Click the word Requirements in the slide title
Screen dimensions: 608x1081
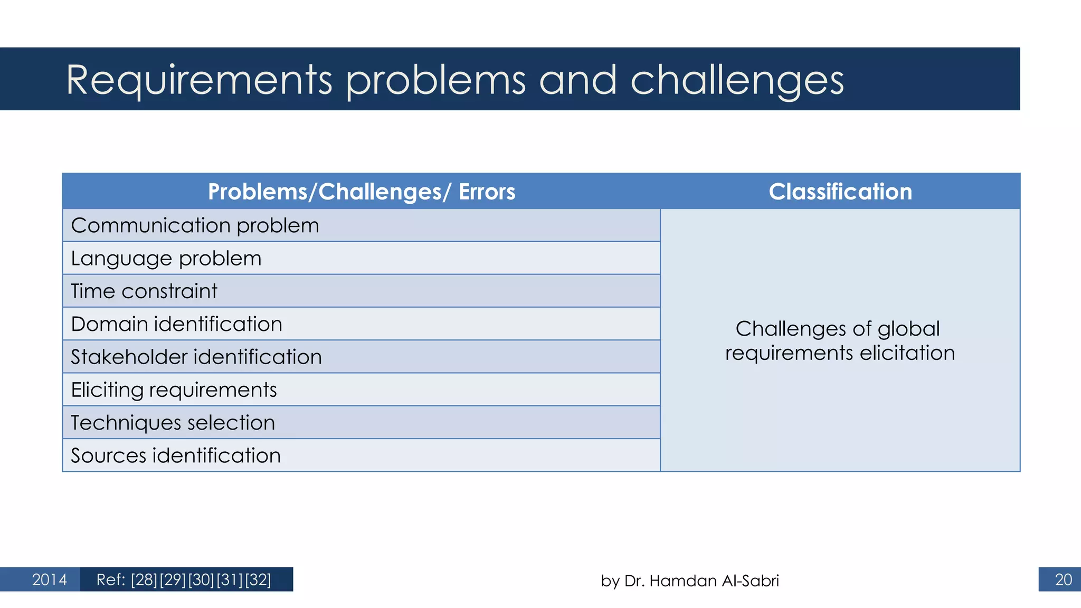point(199,80)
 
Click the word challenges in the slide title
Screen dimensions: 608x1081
point(737,80)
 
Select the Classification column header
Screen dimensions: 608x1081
point(840,192)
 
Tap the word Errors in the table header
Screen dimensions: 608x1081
point(487,192)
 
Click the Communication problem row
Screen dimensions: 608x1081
point(195,225)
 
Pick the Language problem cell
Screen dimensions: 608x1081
point(166,259)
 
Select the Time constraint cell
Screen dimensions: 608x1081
point(144,291)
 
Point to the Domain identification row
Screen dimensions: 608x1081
point(176,324)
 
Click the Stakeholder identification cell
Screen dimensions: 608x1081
point(196,357)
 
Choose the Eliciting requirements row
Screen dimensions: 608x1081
point(174,390)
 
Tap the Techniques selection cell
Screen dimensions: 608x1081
point(173,423)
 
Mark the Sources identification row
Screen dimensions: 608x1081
point(175,455)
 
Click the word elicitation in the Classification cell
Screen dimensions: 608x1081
point(907,353)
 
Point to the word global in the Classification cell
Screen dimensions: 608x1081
point(908,328)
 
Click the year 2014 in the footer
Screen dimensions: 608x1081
point(49,579)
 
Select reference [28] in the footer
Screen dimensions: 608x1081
point(144,579)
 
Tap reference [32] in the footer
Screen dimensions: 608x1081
point(258,579)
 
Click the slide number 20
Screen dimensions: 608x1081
point(1063,579)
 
